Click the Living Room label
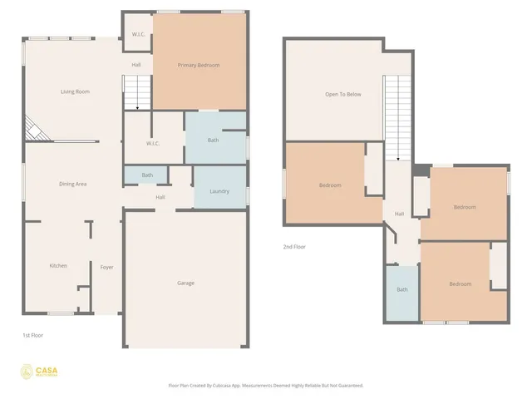[75, 91]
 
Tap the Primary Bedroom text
[199, 65]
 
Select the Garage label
[185, 283]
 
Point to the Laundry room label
[219, 191]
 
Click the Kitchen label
[57, 266]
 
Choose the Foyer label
[106, 267]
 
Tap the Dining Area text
[72, 184]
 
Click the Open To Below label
[343, 94]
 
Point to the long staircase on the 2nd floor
[398, 116]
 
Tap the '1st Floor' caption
[32, 335]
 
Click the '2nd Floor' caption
[294, 247]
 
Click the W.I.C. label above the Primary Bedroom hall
[136, 35]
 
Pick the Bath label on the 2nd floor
[402, 290]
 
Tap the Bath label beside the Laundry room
[147, 175]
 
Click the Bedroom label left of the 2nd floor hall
[330, 185]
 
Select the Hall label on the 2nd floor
[399, 214]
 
